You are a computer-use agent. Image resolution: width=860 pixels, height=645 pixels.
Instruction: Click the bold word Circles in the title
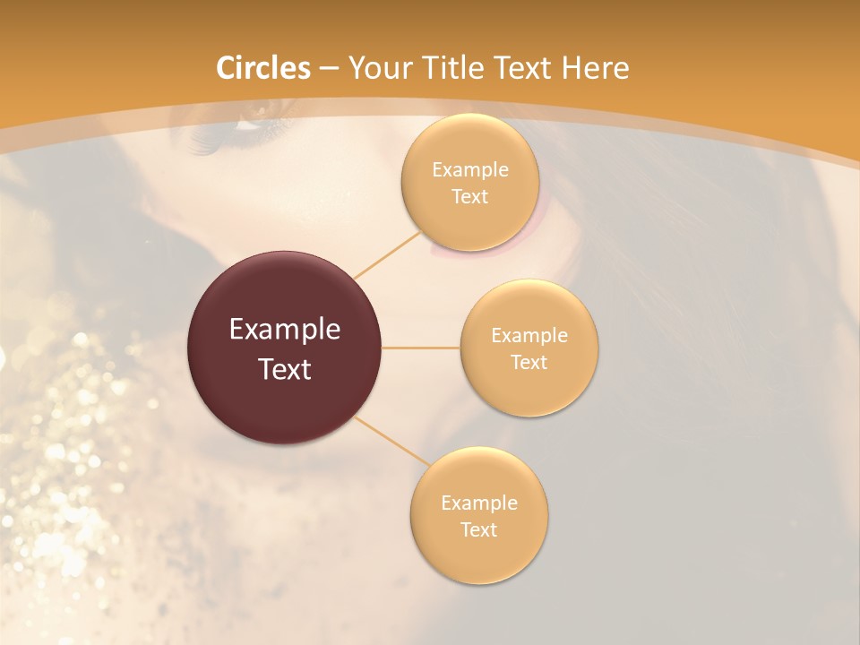[x=263, y=68]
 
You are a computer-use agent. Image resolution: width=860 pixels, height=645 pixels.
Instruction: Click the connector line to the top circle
[x=388, y=254]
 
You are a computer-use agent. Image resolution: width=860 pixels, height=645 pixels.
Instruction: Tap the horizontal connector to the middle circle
[x=421, y=348]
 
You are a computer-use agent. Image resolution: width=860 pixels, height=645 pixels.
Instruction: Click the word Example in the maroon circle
[x=285, y=330]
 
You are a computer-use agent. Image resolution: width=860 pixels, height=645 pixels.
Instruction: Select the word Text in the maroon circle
[x=285, y=369]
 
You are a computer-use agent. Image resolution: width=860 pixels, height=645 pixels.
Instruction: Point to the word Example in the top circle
[x=470, y=169]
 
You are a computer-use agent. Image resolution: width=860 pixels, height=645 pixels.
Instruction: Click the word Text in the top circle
[x=469, y=196]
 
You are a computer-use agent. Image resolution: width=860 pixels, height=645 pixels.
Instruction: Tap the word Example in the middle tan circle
[x=529, y=335]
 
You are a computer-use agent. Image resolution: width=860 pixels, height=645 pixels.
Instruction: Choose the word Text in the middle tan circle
[x=529, y=362]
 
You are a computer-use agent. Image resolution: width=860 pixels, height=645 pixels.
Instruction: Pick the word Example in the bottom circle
[x=479, y=503]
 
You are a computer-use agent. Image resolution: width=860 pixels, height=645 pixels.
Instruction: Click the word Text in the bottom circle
[x=478, y=529]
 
